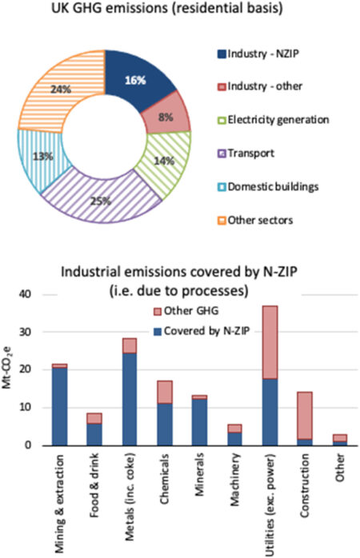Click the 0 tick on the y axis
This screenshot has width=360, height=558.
point(33,445)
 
